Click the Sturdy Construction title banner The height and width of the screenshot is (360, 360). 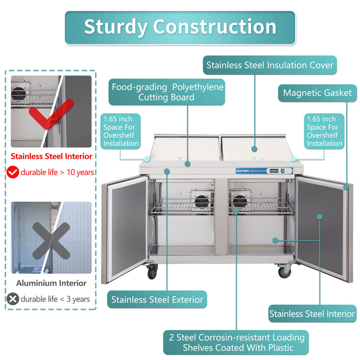pos(180,27)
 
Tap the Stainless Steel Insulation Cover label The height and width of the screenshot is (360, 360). pos(270,65)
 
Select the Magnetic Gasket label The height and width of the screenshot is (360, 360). pos(317,93)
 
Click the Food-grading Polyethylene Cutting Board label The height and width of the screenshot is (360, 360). pos(167,92)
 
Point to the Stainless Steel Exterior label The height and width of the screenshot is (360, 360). pos(157,300)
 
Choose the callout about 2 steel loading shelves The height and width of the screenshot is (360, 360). pos(237,342)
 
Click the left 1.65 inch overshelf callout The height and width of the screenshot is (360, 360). pos(121,131)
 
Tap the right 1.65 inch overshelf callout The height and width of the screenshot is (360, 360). pos(324,131)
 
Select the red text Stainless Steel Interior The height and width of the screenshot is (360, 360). pos(51,157)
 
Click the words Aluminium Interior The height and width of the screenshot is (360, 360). pos(51,283)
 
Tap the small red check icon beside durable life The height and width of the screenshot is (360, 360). pos(13,172)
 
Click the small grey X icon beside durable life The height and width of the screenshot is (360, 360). pos(13,299)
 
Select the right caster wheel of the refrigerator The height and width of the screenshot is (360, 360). pos(284,271)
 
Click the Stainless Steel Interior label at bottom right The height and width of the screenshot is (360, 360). pos(312,314)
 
